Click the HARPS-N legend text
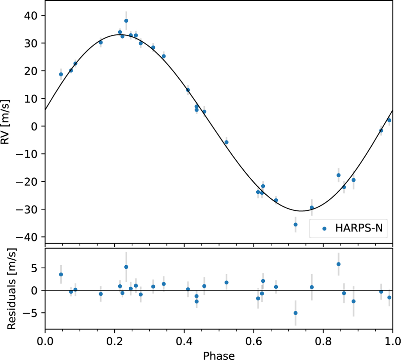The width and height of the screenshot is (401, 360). click(359, 228)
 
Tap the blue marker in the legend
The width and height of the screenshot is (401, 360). click(324, 229)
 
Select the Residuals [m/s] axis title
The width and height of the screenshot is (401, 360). click(12, 289)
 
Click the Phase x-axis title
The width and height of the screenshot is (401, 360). click(219, 355)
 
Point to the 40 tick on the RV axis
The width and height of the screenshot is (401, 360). click(30, 16)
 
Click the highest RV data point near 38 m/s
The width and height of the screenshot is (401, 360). click(126, 21)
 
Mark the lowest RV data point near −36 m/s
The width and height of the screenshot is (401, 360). click(295, 224)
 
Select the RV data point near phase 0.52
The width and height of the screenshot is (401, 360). click(226, 142)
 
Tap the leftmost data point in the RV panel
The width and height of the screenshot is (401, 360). click(61, 74)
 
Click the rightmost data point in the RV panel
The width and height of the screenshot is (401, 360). click(389, 120)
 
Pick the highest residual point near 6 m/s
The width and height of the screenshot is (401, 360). click(339, 264)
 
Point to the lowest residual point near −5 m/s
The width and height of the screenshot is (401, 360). click(295, 313)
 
